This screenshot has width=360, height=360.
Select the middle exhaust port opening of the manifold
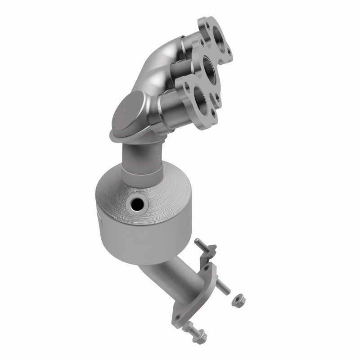point(208,67)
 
